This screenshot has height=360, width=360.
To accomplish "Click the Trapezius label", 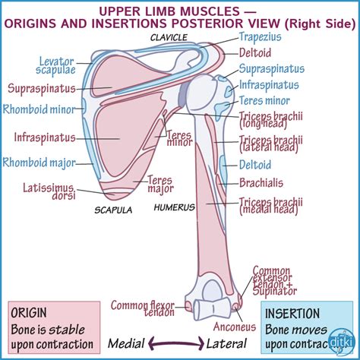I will click(x=261, y=36).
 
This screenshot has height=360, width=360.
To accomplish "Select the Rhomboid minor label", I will click(x=39, y=109).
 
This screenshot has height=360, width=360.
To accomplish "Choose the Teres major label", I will click(x=160, y=184).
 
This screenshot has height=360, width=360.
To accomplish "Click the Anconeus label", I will click(x=234, y=329).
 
